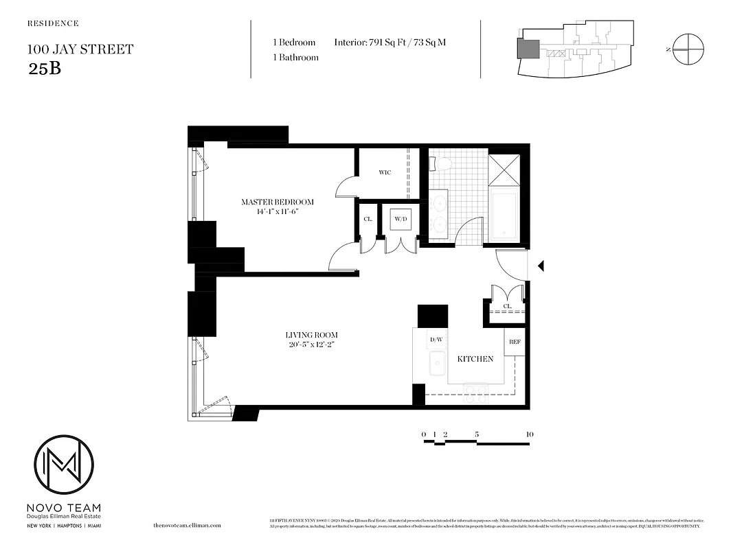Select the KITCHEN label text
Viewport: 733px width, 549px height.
[475, 359]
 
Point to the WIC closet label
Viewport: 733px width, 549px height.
[385, 172]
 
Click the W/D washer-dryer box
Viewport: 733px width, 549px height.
[401, 220]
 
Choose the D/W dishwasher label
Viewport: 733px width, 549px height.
[436, 339]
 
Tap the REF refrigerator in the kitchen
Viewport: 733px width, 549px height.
[514, 342]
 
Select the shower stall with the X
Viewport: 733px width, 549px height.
[504, 170]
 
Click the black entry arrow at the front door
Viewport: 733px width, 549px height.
[541, 266]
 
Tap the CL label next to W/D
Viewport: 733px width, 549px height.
[368, 220]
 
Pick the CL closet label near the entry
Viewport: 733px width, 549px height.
[507, 306]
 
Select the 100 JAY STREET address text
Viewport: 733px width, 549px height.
[80, 49]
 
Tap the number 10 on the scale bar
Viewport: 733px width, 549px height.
[529, 434]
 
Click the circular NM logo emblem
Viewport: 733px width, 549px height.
[64, 464]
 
